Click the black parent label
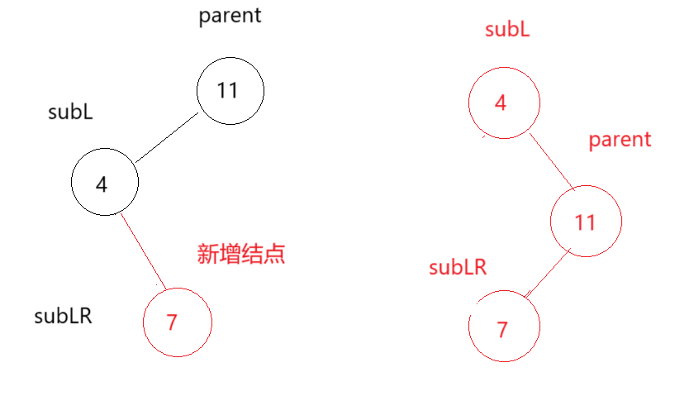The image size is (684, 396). coord(230,17)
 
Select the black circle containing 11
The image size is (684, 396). coord(230,91)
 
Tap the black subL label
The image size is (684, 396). coord(70,112)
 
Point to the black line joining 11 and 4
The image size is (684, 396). coord(169,137)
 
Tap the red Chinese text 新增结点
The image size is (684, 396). coord(241,253)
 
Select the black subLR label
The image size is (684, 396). coord(63,316)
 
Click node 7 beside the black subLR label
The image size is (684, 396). coord(178,322)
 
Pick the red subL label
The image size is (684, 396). coord(507,31)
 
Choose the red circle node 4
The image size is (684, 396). coord(503,104)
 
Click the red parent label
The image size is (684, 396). coord(620,141)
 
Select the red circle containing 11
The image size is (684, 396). coord(585,222)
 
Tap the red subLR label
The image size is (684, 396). coord(458,267)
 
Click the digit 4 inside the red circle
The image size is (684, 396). coord(501,103)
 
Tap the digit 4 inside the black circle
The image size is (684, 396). coord(102,184)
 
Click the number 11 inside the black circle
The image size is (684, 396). coord(227,90)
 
